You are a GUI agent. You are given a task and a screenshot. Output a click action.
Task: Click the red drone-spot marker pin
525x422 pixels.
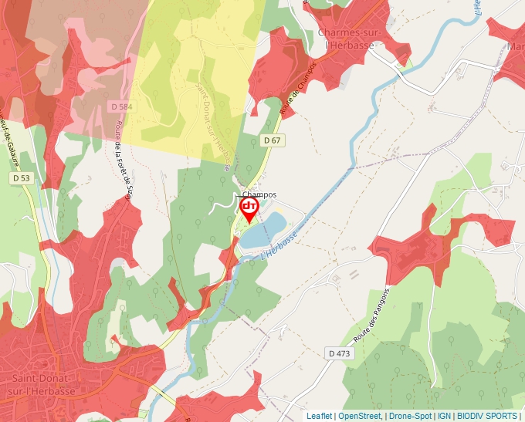click(249, 209)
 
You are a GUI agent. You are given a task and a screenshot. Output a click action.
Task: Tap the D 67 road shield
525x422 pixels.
click(271, 140)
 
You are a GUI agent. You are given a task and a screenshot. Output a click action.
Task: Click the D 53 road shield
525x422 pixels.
click(22, 178)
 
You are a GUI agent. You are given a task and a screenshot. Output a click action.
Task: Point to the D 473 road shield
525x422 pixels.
click(339, 353)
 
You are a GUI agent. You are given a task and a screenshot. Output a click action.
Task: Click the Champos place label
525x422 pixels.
click(259, 194)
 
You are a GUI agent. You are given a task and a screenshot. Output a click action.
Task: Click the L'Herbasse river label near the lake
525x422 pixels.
click(279, 248)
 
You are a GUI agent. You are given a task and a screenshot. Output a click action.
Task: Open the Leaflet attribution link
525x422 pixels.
click(319, 416)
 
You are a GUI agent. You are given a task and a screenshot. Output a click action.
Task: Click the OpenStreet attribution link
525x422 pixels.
click(360, 416)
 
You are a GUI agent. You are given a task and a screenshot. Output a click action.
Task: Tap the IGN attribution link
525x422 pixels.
click(444, 416)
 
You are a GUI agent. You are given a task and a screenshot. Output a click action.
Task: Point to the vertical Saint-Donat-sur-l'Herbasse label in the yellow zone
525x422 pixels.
click(213, 127)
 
